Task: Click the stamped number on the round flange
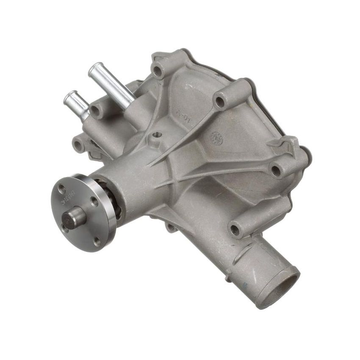[72, 193]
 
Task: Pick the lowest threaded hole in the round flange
[98, 241]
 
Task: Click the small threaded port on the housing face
[158, 135]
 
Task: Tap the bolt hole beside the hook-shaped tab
[276, 171]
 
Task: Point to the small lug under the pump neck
[171, 227]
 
